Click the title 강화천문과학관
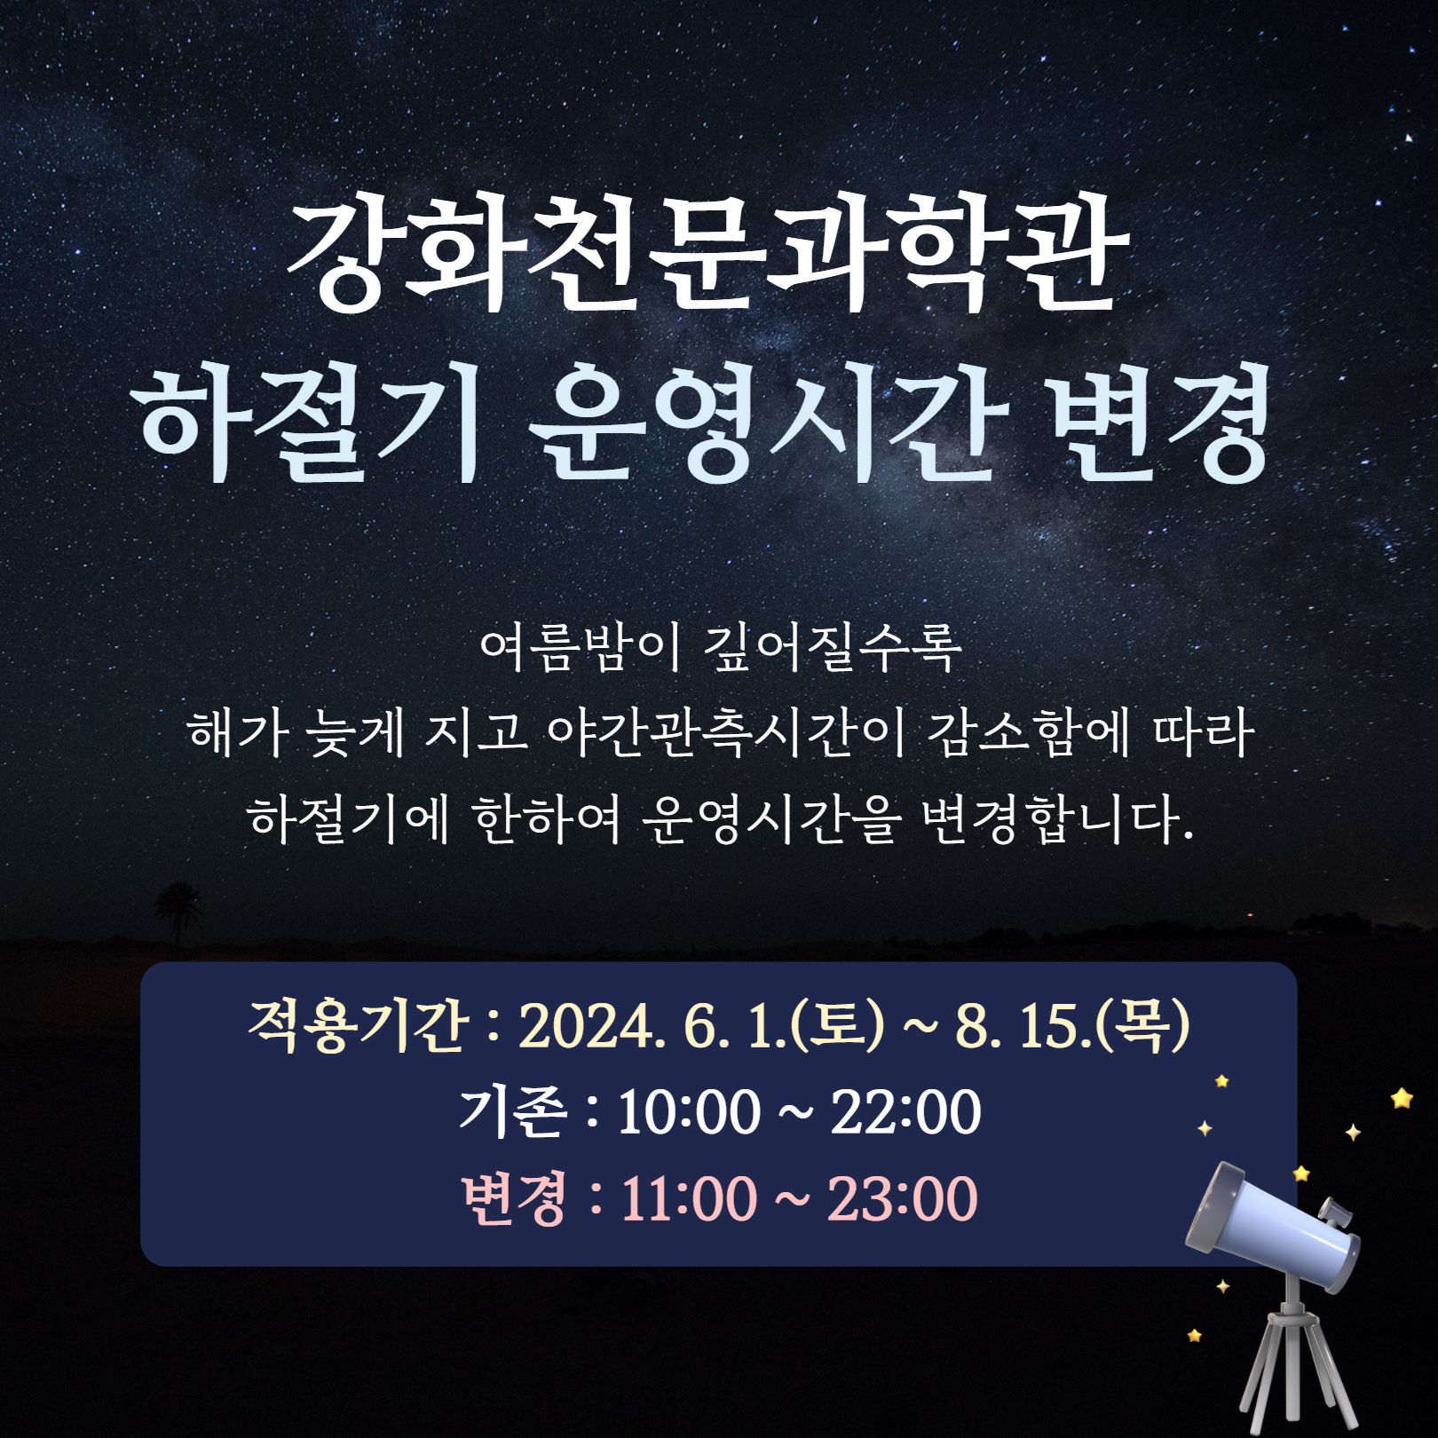[x=708, y=254]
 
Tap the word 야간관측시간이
[x=726, y=733]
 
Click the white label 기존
[x=512, y=1111]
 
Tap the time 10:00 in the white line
[x=689, y=1112]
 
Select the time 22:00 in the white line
[x=906, y=1112]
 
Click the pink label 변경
[x=514, y=1198]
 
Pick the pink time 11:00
[x=690, y=1199]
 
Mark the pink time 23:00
[x=903, y=1199]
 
